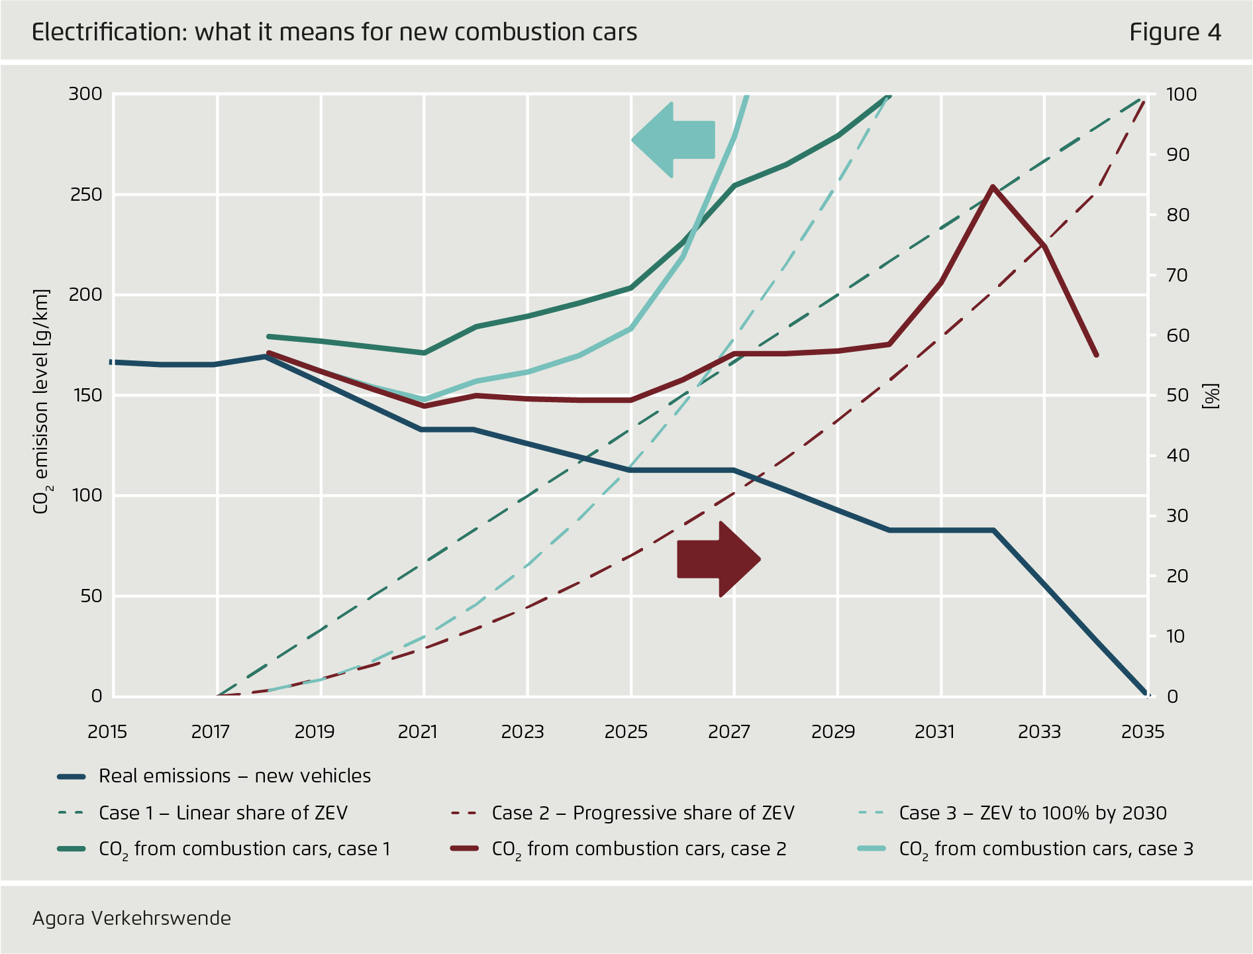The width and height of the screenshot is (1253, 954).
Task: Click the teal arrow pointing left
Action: pos(676,140)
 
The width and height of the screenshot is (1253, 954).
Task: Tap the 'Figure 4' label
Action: pos(1175,32)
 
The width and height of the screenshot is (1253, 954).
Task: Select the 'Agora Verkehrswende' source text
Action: pos(132,918)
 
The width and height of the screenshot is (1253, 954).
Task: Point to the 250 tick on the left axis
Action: pos(85,195)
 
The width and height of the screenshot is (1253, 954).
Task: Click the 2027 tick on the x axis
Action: pos(729,731)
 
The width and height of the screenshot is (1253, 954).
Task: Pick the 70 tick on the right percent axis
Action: pos(1178,275)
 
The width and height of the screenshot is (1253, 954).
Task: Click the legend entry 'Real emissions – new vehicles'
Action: pos(234,776)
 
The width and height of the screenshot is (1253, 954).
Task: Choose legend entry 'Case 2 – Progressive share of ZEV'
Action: pos(642,813)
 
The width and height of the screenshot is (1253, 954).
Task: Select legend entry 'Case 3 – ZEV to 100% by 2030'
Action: pos(1032,813)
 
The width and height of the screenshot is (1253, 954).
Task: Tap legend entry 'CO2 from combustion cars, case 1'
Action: pos(244,849)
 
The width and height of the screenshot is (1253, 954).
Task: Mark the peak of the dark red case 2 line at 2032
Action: pos(992,187)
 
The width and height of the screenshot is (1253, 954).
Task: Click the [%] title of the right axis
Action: pos(1211,396)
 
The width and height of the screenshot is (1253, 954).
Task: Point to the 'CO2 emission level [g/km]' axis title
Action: pos(41,401)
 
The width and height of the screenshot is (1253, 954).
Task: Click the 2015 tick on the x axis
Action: pos(107,731)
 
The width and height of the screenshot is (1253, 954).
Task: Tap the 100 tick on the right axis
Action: pos(1181,94)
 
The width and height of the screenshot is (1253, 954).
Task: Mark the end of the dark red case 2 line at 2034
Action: pos(1096,355)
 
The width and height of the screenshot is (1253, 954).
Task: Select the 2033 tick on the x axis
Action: pos(1039,731)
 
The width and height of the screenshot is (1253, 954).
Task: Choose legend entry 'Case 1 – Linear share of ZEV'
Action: pos(223,813)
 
